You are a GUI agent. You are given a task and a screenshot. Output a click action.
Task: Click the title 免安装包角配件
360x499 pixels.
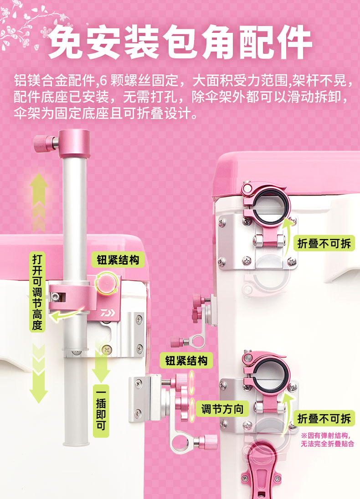[180, 42]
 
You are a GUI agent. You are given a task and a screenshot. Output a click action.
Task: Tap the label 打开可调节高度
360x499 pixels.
[37, 292]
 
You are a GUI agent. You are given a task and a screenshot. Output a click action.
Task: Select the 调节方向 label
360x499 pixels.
[222, 409]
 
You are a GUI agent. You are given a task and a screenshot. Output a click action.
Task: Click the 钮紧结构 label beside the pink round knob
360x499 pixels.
[118, 260]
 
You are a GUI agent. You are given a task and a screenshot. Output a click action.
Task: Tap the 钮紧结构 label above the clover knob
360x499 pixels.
[186, 360]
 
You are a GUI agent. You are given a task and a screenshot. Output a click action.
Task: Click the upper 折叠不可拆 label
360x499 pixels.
[324, 244]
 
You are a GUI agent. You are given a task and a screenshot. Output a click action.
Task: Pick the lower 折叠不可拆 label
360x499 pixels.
[324, 418]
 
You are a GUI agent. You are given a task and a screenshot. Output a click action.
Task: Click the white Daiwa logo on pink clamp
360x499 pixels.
[108, 313]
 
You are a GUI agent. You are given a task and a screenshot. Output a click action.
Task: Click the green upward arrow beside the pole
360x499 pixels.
[39, 202]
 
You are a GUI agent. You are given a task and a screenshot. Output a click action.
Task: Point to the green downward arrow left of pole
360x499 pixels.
[39, 374]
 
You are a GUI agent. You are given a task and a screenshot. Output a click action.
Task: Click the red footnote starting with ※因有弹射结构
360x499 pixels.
[327, 440]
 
